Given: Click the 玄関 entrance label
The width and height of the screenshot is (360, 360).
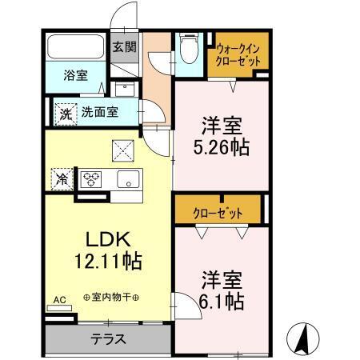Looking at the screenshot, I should [123, 46].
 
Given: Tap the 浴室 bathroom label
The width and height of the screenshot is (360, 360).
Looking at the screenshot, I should [76, 78].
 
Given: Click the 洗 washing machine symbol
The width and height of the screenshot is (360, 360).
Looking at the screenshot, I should [65, 113].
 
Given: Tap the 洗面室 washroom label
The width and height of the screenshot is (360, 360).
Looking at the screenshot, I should [100, 113].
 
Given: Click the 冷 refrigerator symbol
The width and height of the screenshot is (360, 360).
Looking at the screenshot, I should [60, 178].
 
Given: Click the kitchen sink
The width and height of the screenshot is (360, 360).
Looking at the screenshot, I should [128, 179].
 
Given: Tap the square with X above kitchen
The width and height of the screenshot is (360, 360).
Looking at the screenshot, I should [122, 149].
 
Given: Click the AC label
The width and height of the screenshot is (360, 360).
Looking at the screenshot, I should [59, 300].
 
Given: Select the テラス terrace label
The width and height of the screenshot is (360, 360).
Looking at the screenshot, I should [107, 338].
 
